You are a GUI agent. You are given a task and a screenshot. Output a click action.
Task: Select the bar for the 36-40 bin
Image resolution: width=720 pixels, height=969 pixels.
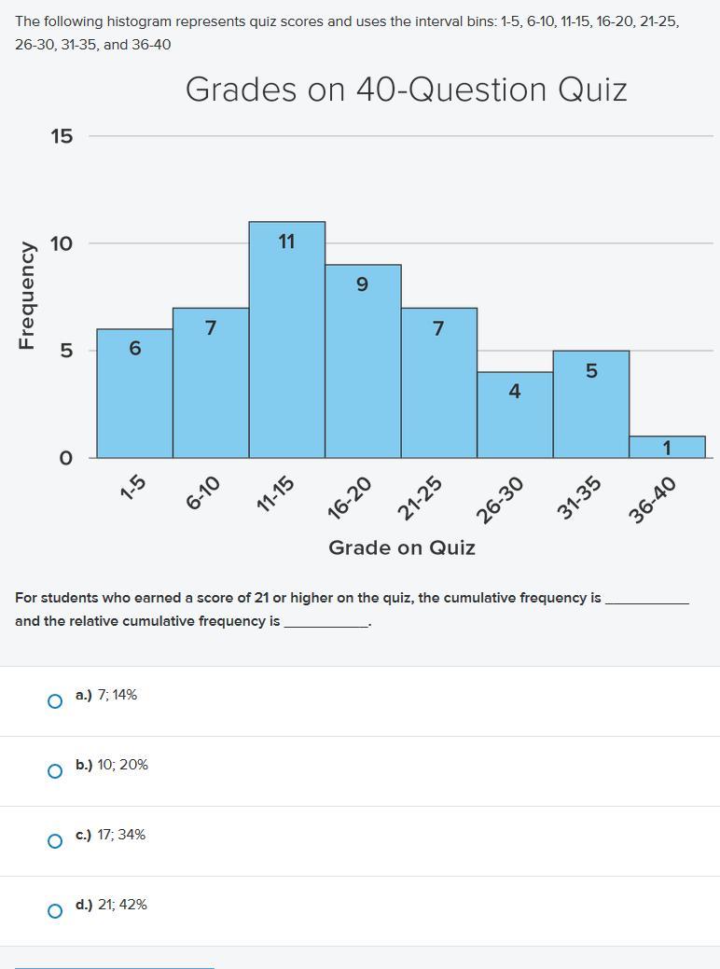pos(667,447)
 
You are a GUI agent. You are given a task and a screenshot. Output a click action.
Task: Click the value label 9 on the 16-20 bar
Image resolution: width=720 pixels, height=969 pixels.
pos(363,284)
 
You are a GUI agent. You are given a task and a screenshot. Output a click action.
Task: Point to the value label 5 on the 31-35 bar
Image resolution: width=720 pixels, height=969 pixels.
pos(591,371)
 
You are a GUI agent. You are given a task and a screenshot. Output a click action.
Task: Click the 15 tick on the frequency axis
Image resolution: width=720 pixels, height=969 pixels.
pos(62,136)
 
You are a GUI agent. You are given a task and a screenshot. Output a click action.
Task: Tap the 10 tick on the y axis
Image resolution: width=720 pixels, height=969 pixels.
pos(62,243)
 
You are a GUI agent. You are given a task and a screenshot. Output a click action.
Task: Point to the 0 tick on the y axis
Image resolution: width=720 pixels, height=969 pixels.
pos(65,458)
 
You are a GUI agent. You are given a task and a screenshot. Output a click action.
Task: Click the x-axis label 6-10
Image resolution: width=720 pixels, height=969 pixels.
pos(202,492)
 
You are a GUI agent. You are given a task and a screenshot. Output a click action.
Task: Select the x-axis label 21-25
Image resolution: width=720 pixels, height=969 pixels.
pos(420,497)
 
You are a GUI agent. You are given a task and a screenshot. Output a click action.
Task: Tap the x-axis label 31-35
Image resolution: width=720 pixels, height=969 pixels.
pos(579,497)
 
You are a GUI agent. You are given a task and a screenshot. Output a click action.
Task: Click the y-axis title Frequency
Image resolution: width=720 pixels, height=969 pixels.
pos(27,296)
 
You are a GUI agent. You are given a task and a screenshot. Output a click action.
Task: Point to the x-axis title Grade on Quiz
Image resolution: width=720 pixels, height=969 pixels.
pos(401,547)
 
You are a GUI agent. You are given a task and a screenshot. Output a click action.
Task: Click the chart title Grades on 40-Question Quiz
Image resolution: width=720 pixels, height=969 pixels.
pos(406,90)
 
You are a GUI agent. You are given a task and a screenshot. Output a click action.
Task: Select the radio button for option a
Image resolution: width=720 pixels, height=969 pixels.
pos(55,701)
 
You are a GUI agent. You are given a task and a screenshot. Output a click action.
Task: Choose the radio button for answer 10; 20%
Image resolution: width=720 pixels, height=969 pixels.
pos(55,771)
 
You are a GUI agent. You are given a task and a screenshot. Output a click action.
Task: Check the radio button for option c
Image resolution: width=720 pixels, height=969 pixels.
pos(55,841)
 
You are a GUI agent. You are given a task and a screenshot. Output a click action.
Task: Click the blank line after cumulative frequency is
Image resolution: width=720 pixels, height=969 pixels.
pos(646,599)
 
